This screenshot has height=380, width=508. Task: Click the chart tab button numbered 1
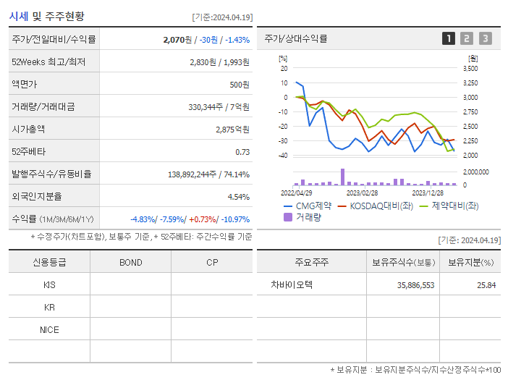(x=449, y=38)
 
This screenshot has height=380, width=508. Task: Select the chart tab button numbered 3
(x=485, y=38)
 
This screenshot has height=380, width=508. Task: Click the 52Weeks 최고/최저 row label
(x=48, y=62)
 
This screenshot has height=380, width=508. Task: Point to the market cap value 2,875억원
(x=232, y=130)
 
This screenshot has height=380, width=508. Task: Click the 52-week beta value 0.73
(x=242, y=152)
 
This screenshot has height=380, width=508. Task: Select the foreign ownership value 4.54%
(x=238, y=196)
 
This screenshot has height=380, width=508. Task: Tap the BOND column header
(x=130, y=262)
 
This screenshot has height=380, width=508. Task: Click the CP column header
(x=212, y=262)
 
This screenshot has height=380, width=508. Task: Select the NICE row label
(x=49, y=329)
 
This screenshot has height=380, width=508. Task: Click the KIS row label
(x=49, y=284)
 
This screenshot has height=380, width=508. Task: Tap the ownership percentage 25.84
(x=487, y=285)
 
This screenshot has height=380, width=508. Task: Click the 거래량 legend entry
(x=309, y=216)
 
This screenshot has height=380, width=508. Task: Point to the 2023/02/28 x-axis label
(x=362, y=193)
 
